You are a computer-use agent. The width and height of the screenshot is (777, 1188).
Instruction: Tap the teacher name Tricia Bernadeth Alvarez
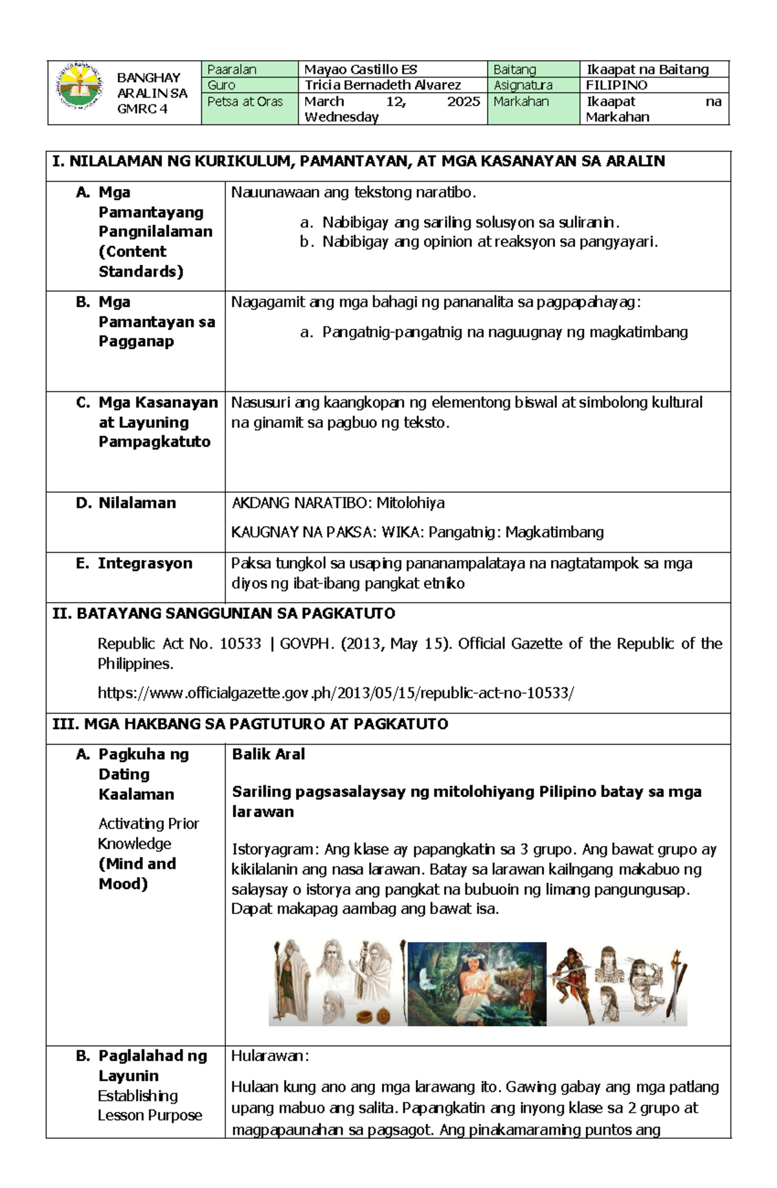pos(383,85)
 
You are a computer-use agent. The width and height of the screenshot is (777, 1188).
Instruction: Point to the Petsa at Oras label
pos(245,102)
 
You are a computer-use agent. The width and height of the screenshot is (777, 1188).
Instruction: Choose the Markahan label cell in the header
pos(521,102)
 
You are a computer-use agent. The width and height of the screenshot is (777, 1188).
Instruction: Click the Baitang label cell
pos(515,69)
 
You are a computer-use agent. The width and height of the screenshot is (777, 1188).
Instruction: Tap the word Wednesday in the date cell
pos(341,117)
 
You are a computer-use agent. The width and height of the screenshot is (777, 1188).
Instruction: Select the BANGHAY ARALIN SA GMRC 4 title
pos(152,93)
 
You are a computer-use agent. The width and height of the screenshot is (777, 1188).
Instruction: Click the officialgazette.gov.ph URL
pos(335,693)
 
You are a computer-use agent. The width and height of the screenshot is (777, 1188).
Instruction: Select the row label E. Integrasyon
pos(134,563)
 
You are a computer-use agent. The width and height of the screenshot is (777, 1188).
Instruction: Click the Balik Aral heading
pos(268,754)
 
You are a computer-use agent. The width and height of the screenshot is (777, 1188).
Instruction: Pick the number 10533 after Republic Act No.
pos(240,644)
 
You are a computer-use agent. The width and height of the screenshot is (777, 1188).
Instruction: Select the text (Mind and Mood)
pos(137,873)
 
